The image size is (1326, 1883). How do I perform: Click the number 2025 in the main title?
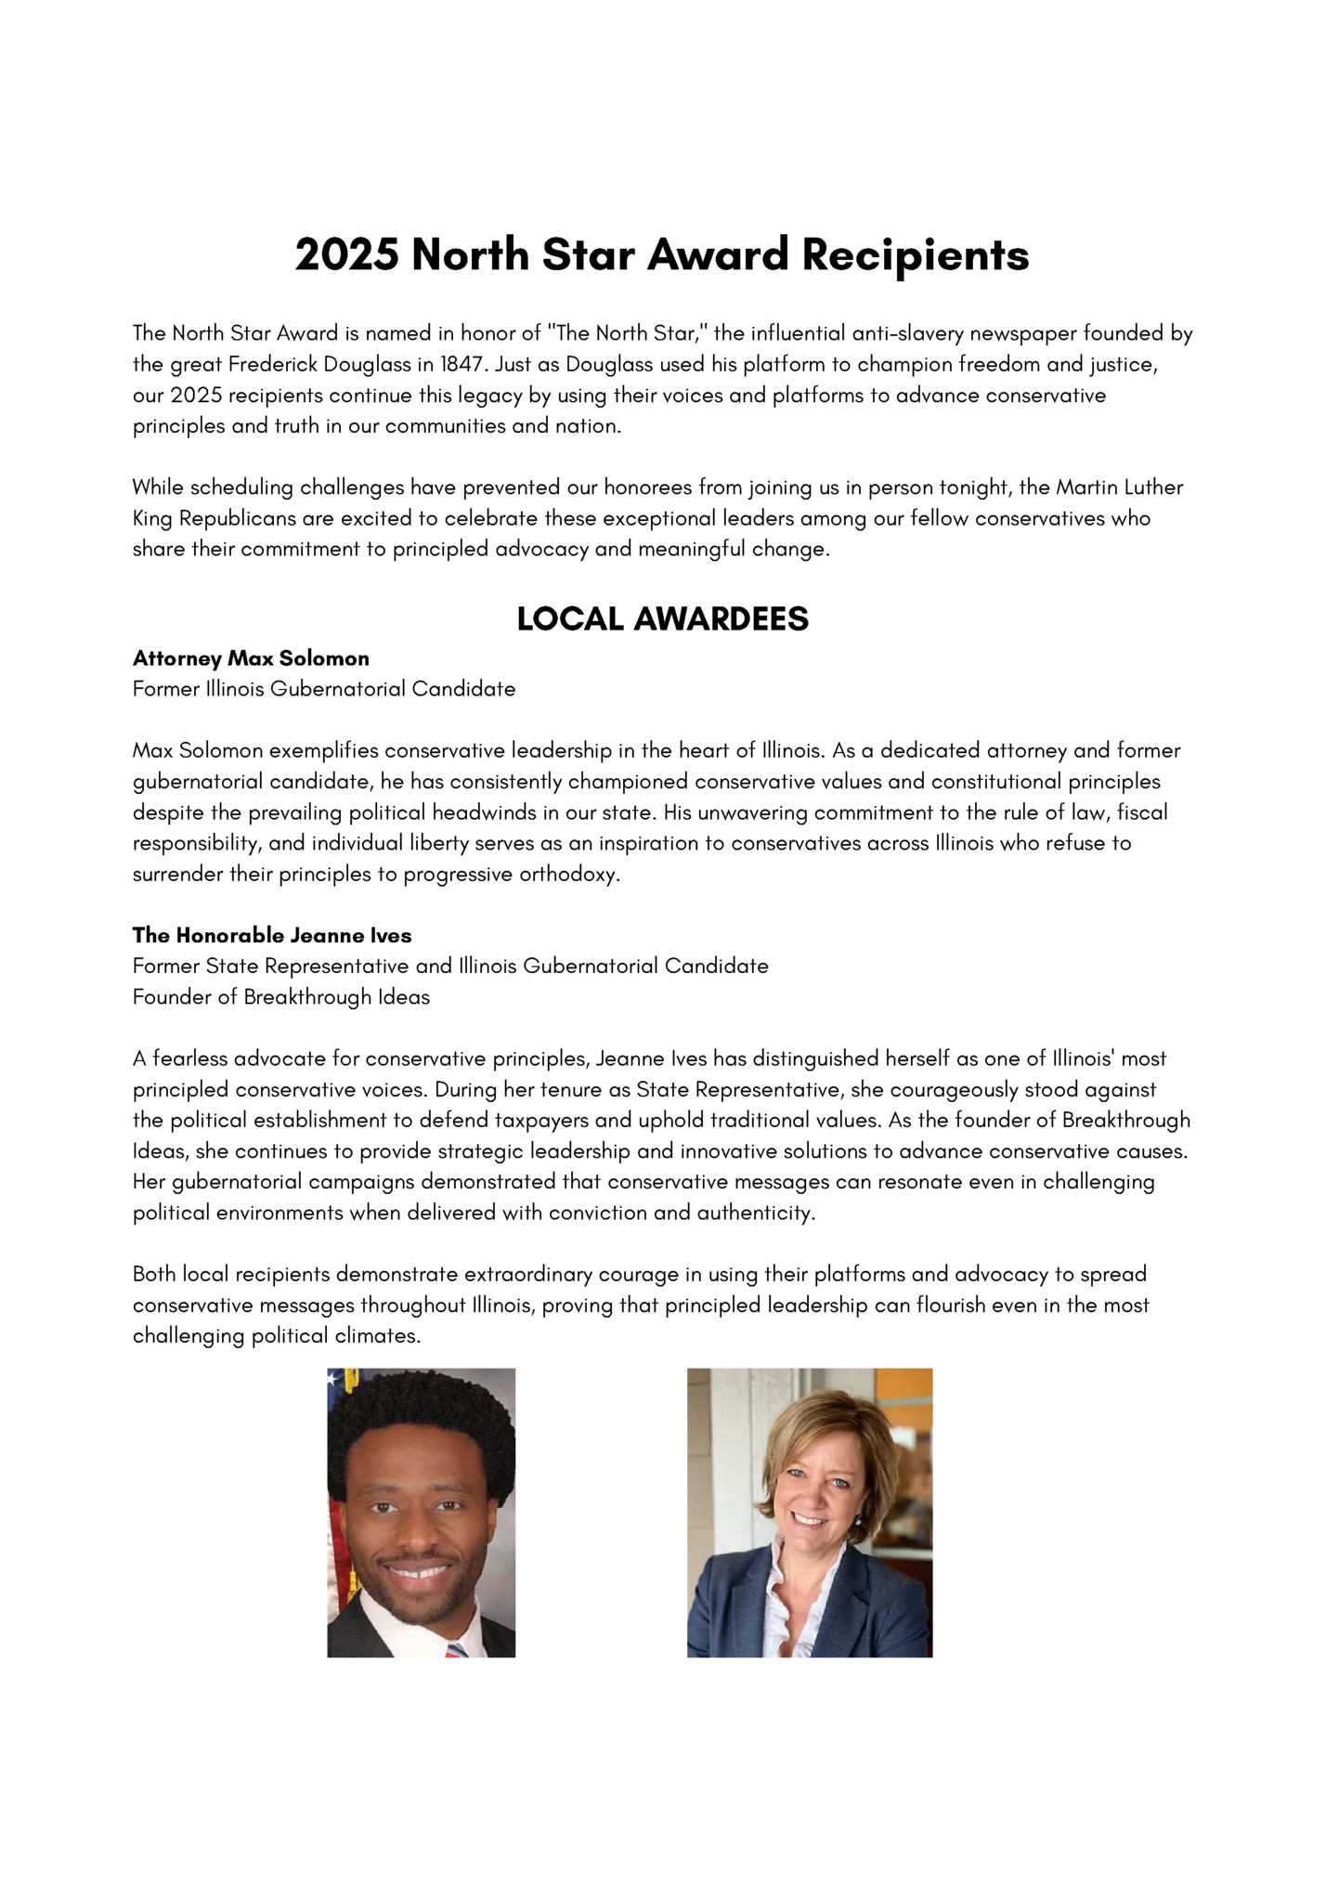pos(346,255)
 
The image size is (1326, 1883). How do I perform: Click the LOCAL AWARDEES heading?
pos(662,619)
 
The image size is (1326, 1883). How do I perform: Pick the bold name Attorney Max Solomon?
pos(251,658)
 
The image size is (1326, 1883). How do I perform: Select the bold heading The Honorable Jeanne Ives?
pos(272,935)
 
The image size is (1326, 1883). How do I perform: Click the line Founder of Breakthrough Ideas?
pos(281,997)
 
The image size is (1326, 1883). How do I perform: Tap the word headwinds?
pos(482,812)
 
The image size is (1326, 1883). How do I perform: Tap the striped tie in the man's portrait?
pos(456,1650)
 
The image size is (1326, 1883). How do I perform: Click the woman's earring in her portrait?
pos(860,1522)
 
